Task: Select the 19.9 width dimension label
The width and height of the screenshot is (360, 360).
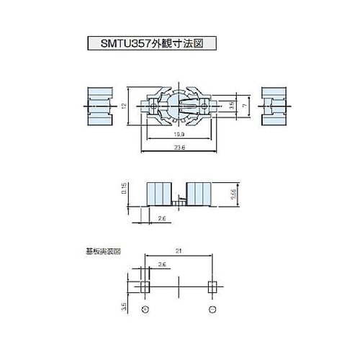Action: [177, 135]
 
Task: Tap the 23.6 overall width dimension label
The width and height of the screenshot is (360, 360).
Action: [177, 148]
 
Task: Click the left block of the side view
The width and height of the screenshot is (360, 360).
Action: [160, 194]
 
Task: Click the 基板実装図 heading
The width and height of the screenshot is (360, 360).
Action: [102, 252]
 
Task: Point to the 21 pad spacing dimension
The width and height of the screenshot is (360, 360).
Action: [177, 251]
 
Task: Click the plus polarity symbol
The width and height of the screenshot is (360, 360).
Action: [145, 309]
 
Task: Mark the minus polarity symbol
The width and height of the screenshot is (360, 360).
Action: [211, 309]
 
